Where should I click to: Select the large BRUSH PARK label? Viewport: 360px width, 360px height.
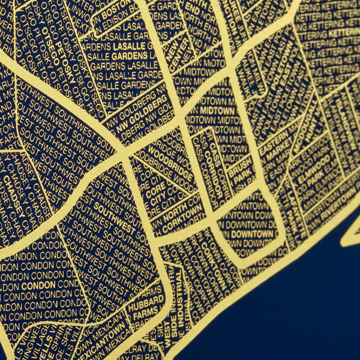[241, 169]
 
